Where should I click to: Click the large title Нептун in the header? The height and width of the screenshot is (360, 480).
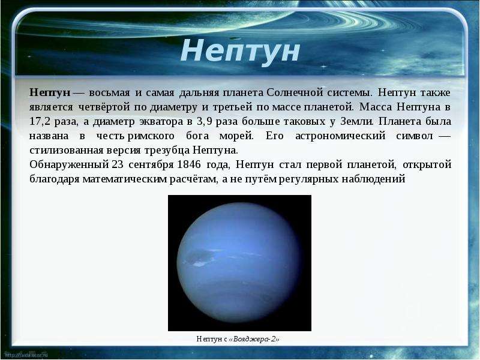pos(240,51)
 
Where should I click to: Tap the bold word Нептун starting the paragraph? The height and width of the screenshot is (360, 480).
pos(50,92)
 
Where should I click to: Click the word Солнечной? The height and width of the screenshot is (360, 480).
pos(295,92)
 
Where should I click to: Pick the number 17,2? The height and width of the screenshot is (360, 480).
pos(40,122)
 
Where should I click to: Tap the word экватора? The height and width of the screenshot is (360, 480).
pos(161,122)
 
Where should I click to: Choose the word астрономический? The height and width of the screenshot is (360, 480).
pos(340,136)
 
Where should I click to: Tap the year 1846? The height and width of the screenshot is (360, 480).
pos(189,164)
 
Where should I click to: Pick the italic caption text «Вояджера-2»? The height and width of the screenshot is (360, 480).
pos(254,339)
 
